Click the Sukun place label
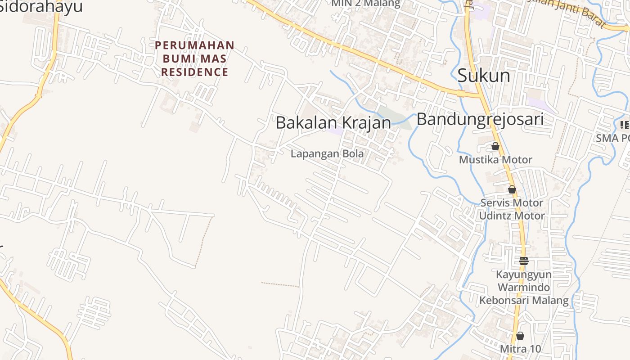(x=484, y=76)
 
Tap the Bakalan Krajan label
(x=333, y=122)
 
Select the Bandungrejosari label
(x=480, y=119)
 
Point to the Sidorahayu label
(x=40, y=7)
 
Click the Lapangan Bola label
(x=327, y=153)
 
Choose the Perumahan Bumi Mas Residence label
(x=195, y=58)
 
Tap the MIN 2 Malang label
(x=365, y=4)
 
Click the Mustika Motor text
(x=495, y=160)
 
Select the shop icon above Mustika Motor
(x=495, y=146)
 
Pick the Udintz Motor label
(x=512, y=216)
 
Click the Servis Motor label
(x=512, y=202)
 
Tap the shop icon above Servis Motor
(x=512, y=189)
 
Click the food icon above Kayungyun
(x=523, y=261)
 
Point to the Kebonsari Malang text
(x=524, y=300)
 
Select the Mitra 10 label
(x=520, y=349)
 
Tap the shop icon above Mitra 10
(x=520, y=336)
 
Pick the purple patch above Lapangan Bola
(x=336, y=131)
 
